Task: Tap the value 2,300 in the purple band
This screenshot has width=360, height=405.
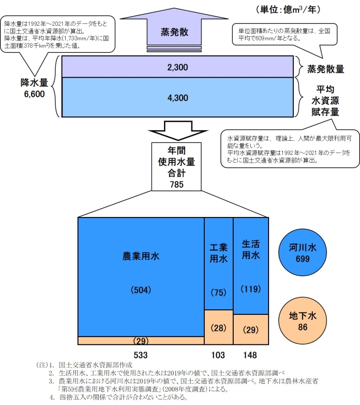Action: (178, 68)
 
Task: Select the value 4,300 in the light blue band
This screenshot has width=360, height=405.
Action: (178, 98)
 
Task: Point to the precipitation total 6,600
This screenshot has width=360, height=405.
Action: (34, 94)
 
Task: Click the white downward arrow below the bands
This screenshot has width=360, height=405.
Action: (178, 131)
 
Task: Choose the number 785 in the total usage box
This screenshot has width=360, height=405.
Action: (176, 184)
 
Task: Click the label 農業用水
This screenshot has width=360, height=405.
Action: (141, 256)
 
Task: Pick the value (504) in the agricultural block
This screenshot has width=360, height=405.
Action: (141, 290)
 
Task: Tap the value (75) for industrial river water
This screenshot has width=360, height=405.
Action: (218, 292)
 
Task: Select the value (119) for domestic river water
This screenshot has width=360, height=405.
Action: (251, 289)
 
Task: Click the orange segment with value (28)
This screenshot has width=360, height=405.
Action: (219, 327)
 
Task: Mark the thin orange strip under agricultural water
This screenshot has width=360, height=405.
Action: (141, 341)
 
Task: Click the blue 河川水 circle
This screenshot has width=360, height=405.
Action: (303, 252)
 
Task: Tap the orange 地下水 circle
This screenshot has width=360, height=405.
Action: (303, 320)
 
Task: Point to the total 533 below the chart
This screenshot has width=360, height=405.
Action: (141, 355)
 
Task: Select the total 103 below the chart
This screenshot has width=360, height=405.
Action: (218, 355)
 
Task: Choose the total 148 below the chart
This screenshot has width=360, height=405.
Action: (250, 355)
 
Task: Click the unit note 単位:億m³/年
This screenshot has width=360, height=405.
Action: (288, 10)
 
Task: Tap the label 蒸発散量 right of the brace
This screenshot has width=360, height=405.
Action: (326, 69)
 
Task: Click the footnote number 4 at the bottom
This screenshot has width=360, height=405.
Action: (52, 397)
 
